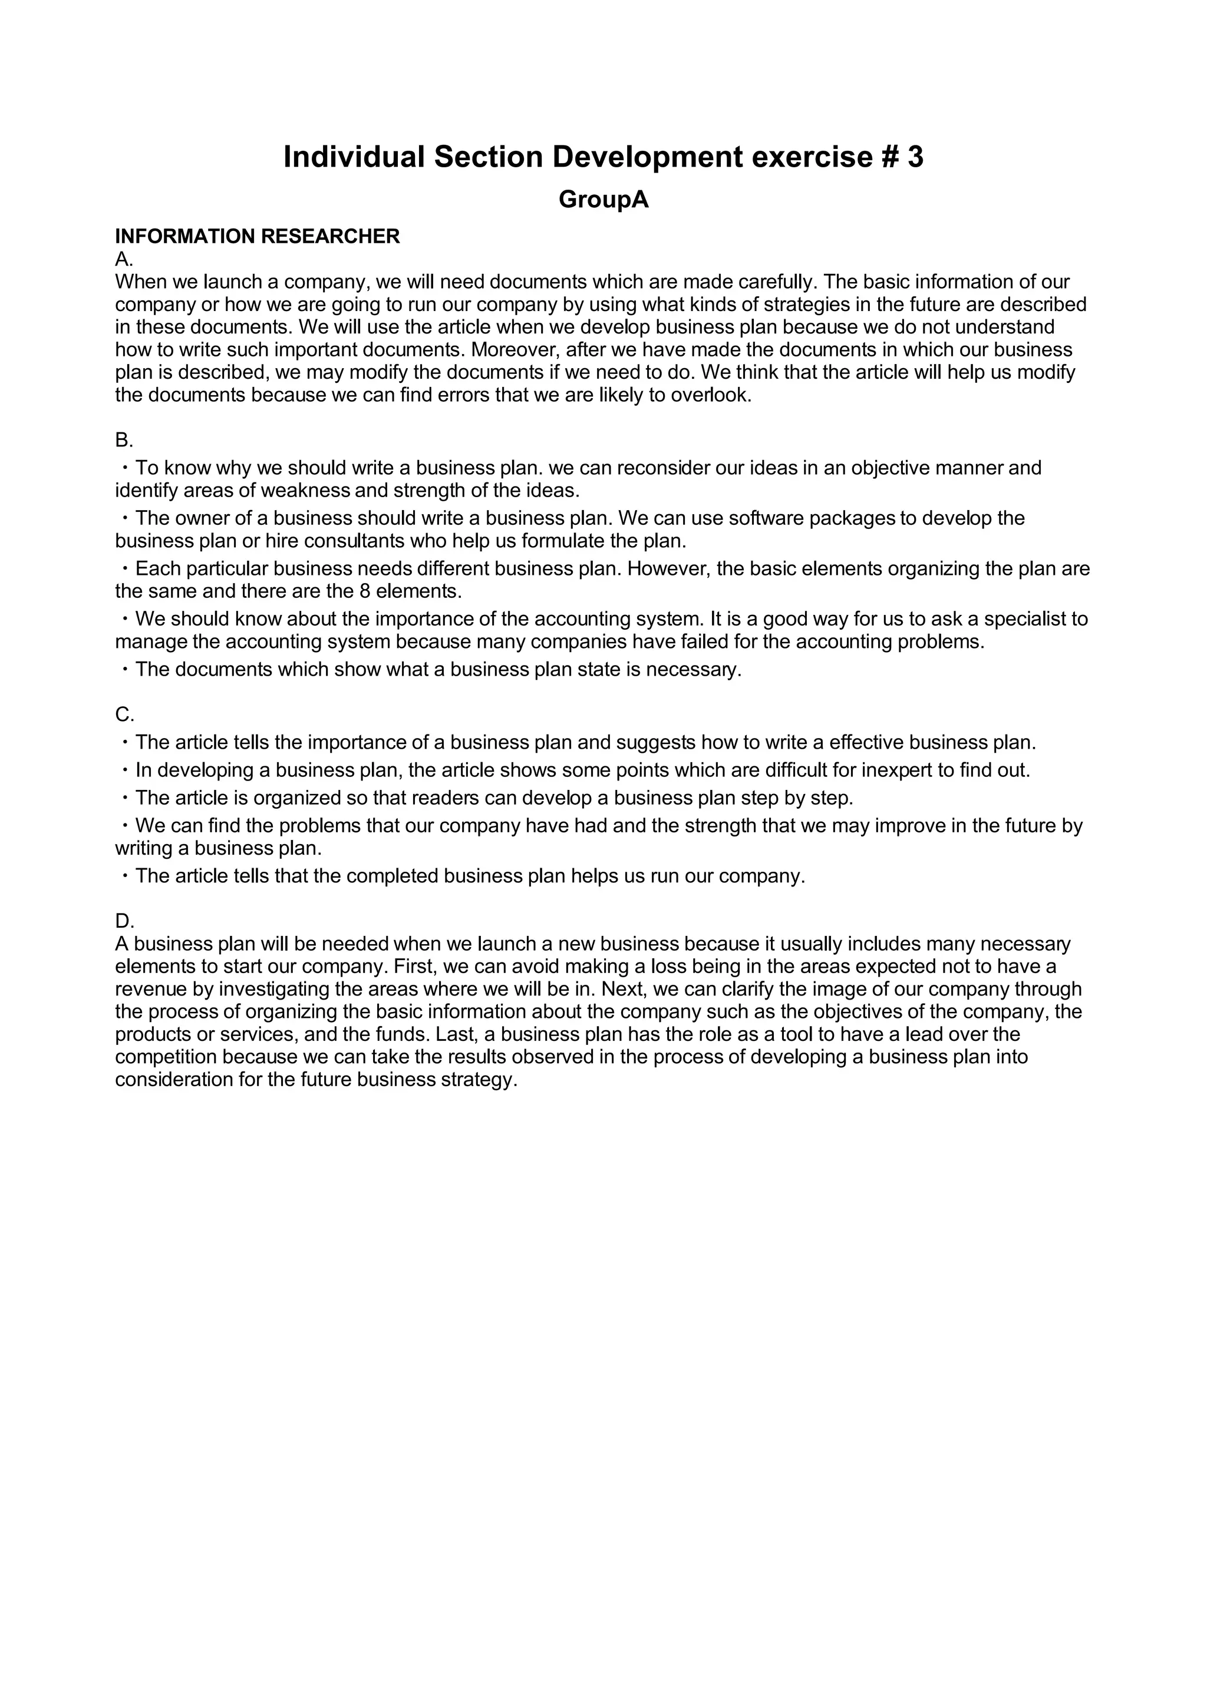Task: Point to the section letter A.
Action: [x=122, y=260]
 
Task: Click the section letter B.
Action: [x=122, y=440]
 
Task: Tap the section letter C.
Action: [x=123, y=714]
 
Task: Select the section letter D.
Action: [x=123, y=921]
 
